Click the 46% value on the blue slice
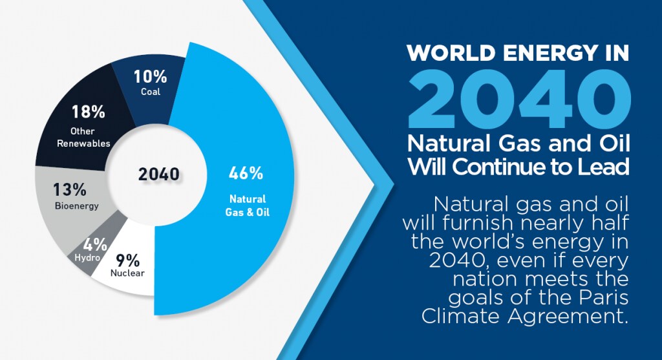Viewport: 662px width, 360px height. click(x=246, y=173)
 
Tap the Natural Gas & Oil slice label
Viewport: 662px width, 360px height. click(x=247, y=205)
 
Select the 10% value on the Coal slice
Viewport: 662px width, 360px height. click(x=150, y=77)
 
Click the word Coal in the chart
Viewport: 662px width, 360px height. click(x=150, y=92)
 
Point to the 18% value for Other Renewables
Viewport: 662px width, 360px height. click(x=89, y=112)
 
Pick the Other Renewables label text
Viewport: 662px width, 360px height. click(x=83, y=137)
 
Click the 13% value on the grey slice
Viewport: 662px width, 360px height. click(x=69, y=190)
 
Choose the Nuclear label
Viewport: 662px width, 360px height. click(x=127, y=273)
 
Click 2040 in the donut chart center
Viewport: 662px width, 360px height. click(x=158, y=174)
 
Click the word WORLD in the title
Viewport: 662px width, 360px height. click(x=449, y=52)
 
